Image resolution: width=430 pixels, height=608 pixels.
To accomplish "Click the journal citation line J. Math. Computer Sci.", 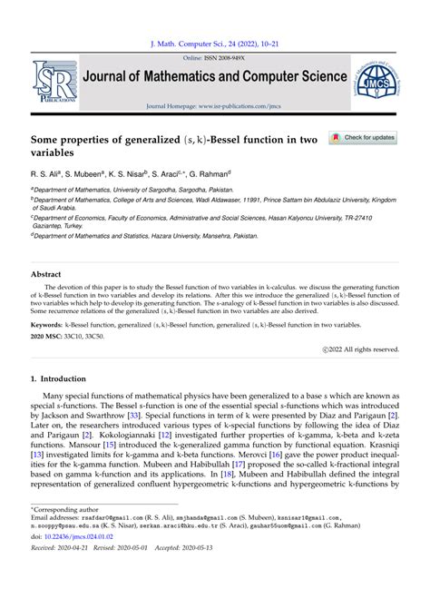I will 214,43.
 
